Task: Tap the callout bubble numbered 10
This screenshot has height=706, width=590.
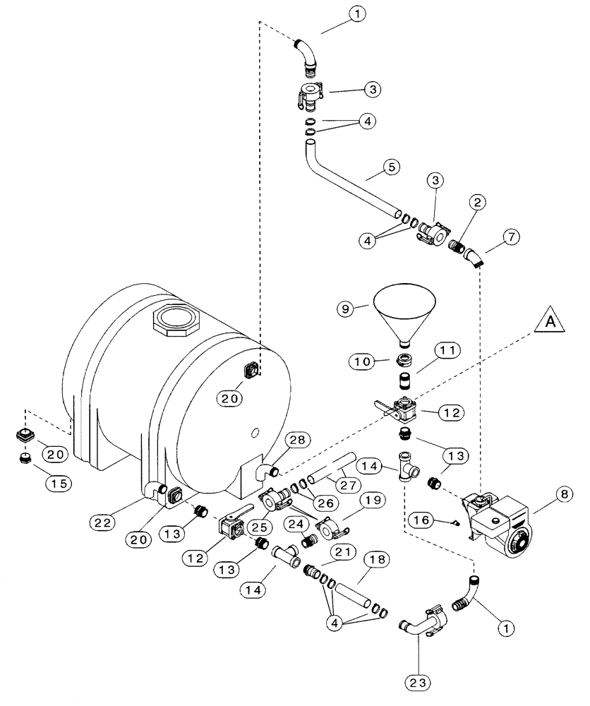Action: click(x=363, y=361)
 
